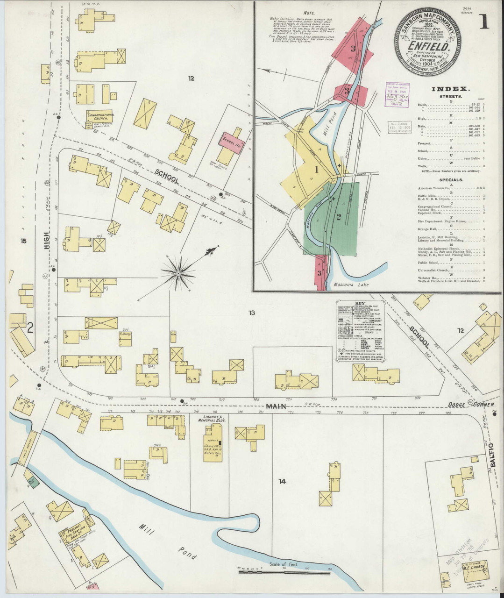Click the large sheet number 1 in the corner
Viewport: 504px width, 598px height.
coord(483,21)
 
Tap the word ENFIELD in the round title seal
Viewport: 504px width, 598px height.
coord(428,47)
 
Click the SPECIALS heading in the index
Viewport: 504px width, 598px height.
coord(448,180)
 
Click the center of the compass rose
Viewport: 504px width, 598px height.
coord(178,272)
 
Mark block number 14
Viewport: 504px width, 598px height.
coord(282,481)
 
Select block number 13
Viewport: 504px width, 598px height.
coord(251,313)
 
